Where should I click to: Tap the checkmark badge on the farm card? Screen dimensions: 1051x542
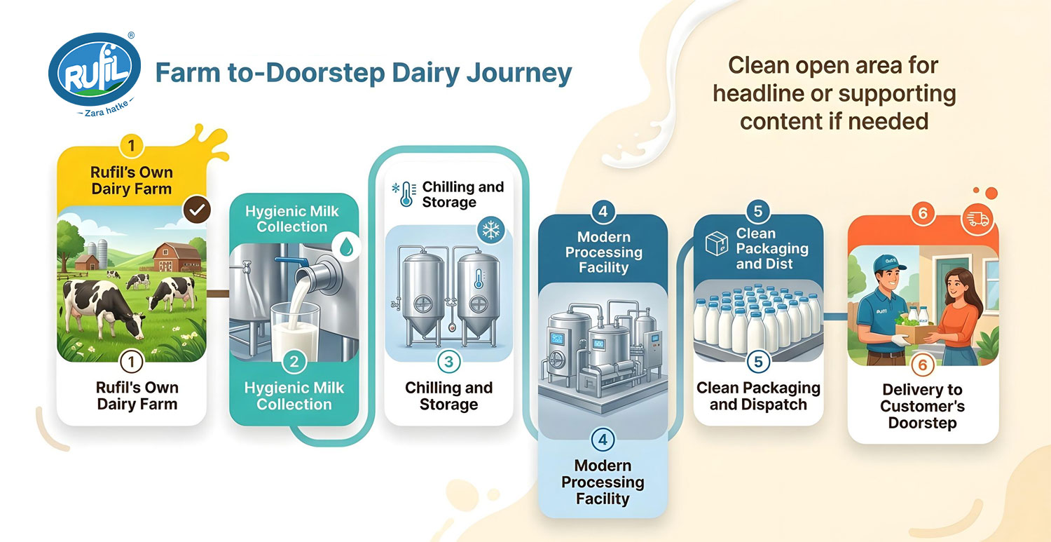pyautogui.click(x=197, y=210)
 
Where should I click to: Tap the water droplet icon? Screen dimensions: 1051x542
pyautogui.click(x=346, y=246)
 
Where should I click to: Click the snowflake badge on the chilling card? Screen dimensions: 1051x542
pyautogui.click(x=490, y=230)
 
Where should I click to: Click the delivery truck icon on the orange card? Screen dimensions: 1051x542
pyautogui.click(x=978, y=219)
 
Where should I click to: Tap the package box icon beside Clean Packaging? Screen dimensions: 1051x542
pyautogui.click(x=717, y=244)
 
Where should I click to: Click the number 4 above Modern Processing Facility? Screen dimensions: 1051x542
pyautogui.click(x=603, y=211)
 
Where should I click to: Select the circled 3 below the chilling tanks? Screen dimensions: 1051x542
pyautogui.click(x=448, y=362)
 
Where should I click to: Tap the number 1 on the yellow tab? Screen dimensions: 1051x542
pyautogui.click(x=132, y=146)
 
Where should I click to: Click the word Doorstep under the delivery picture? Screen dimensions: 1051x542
pyautogui.click(x=923, y=423)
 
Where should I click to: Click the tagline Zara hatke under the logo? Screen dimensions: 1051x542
pyautogui.click(x=106, y=109)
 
